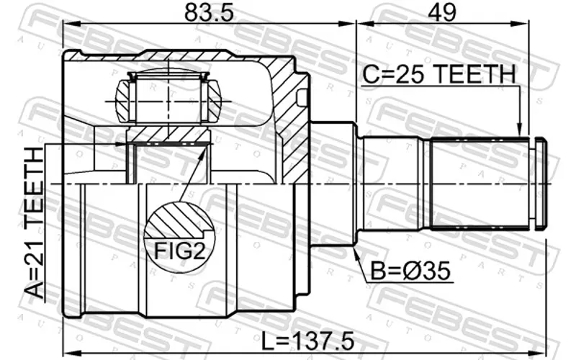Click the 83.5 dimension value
click(x=209, y=12)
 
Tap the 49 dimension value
click(x=442, y=12)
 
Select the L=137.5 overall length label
click(x=308, y=341)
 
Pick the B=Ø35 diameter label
click(x=410, y=271)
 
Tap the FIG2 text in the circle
click(x=179, y=251)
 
